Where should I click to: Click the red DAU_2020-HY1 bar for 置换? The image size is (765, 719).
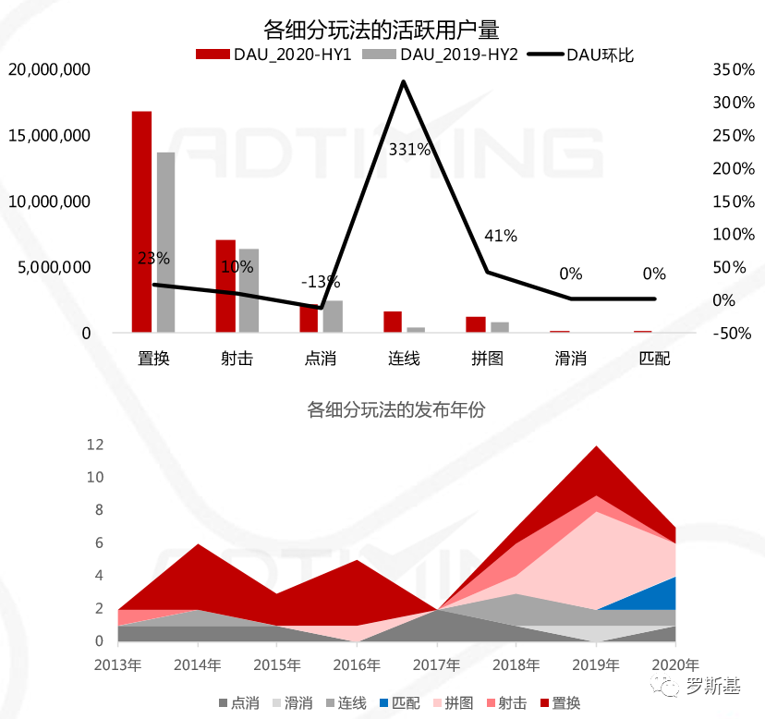point(141,222)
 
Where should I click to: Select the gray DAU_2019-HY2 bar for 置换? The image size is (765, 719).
point(166,242)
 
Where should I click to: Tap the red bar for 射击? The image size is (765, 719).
point(225,286)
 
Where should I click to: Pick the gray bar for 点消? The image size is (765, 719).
point(333,316)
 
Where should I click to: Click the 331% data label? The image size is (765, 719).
point(409,149)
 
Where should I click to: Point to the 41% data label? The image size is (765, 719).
point(500,236)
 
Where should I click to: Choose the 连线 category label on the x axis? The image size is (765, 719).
point(404,358)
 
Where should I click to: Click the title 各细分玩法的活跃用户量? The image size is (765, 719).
point(381,29)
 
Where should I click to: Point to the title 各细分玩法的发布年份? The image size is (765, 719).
point(395,410)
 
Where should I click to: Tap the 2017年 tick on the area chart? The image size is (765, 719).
point(436,664)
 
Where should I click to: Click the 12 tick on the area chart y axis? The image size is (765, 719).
point(94,445)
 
